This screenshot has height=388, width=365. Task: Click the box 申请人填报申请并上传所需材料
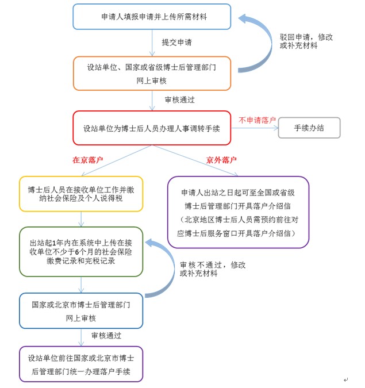(x=152, y=17)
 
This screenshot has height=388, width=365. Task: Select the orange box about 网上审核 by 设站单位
(x=152, y=73)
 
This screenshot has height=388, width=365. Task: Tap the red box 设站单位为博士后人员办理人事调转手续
(x=152, y=128)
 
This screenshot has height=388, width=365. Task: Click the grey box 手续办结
(x=309, y=128)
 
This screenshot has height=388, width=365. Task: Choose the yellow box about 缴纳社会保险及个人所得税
(x=80, y=194)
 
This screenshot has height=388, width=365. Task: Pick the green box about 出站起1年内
(x=80, y=251)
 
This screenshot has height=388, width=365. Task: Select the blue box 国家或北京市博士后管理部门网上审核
(x=80, y=310)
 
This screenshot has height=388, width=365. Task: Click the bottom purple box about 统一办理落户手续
(x=80, y=364)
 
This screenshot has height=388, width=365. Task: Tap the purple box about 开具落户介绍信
(x=238, y=212)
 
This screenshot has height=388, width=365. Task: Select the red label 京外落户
(x=222, y=160)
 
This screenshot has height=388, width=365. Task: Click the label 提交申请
(x=176, y=43)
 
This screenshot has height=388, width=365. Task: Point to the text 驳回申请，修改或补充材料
(x=306, y=41)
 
